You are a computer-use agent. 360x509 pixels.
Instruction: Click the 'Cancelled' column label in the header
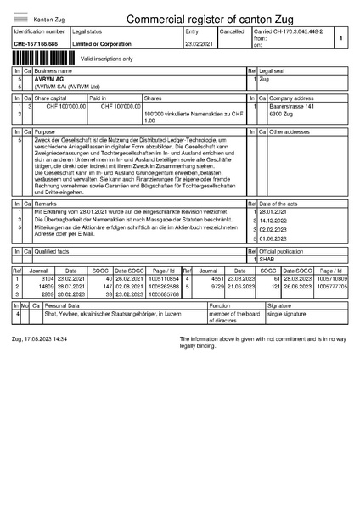click(231, 31)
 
